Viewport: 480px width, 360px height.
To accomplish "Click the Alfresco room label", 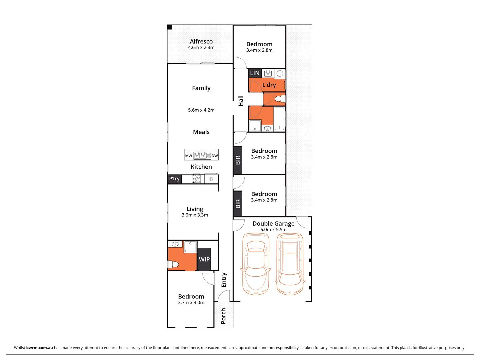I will click(201, 42).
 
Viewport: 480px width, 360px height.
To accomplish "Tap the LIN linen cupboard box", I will click(255, 73).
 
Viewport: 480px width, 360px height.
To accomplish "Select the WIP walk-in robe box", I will click(204, 259).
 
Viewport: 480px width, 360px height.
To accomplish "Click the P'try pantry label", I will click(174, 179).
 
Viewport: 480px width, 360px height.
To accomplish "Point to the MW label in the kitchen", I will click(189, 156).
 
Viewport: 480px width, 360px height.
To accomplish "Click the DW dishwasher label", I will click(215, 156).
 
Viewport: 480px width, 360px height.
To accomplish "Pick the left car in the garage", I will click(256, 264).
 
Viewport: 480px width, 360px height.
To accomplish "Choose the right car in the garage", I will click(290, 264).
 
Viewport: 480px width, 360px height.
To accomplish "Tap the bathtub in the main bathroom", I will click(279, 119).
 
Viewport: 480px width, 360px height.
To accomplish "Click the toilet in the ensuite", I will click(173, 265).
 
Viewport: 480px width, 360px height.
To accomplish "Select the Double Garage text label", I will click(273, 224).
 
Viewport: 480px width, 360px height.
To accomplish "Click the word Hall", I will click(241, 101).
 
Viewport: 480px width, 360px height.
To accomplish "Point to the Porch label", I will click(223, 316).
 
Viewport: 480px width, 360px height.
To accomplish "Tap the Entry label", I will click(224, 280).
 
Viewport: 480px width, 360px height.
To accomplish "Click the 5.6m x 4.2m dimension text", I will click(201, 110).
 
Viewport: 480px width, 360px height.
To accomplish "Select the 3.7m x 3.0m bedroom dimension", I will click(191, 303).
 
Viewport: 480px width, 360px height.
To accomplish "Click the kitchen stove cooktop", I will click(196, 179).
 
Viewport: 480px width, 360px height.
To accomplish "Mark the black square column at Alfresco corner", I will click(170, 27).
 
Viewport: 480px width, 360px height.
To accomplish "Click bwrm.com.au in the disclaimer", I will click(39, 348).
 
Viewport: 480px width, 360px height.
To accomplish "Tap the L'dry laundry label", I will click(269, 85).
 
